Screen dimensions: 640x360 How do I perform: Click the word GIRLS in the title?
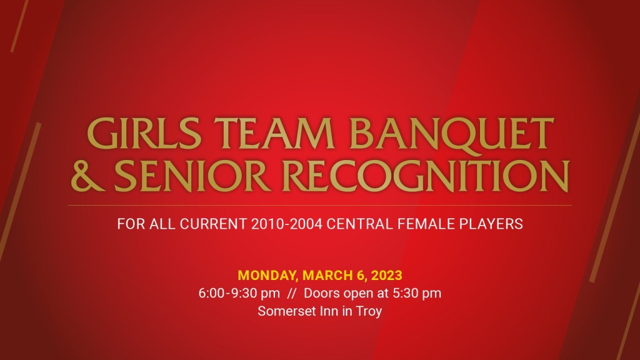tap(144, 134)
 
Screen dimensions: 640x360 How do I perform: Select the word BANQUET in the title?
tap(452, 135)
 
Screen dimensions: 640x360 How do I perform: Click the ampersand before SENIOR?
tap(87, 176)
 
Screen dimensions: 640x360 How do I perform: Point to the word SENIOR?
tap(192, 176)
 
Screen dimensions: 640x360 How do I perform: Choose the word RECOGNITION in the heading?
tap(426, 176)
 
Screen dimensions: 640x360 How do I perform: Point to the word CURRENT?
tap(214, 224)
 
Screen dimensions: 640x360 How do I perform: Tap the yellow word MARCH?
tap(327, 275)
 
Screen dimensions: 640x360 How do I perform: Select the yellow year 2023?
tap(387, 275)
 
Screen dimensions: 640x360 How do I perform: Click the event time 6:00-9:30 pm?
tap(239, 294)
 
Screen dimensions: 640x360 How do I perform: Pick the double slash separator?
tap(291, 293)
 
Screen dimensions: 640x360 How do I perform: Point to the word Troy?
tap(369, 312)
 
